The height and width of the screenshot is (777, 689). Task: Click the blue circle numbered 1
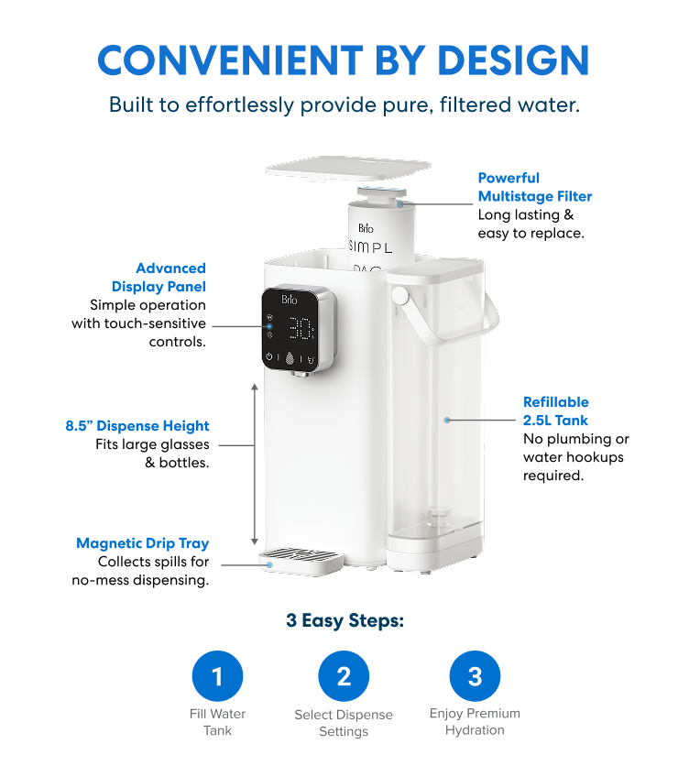217,676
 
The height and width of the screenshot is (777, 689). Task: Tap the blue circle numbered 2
344,676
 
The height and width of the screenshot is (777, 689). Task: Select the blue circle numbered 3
475,676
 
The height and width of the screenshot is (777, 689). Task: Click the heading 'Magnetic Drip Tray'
143,543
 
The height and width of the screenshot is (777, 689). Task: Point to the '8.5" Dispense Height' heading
137,426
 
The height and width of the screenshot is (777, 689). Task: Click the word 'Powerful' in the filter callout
509,178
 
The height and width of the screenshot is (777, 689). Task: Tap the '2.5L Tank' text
555,421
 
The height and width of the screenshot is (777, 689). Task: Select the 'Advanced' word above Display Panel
171,268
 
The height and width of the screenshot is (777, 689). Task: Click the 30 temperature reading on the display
301,329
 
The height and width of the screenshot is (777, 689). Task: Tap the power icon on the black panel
269,356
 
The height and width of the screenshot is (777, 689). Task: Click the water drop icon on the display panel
290,357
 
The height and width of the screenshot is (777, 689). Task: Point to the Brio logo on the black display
290,300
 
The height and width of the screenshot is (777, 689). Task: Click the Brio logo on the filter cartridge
366,228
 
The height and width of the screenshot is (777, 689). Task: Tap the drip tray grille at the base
301,555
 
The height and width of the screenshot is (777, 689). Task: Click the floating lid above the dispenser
348,168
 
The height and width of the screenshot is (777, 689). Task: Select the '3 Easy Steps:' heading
345,620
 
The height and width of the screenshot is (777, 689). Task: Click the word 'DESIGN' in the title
513,60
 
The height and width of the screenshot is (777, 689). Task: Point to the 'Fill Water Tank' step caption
218,722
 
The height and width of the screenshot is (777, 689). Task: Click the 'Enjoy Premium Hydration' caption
475,721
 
